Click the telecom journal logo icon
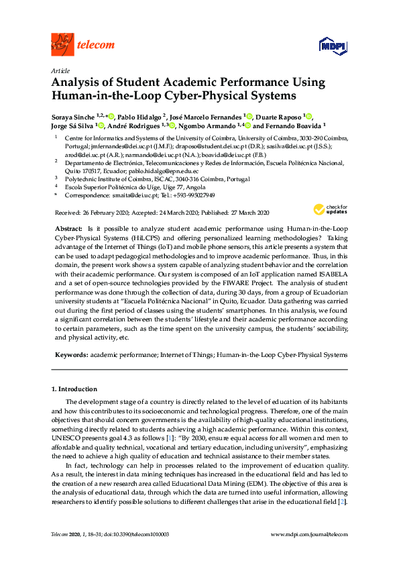[62, 45]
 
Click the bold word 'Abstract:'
[69, 229]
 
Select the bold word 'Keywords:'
[70, 354]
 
